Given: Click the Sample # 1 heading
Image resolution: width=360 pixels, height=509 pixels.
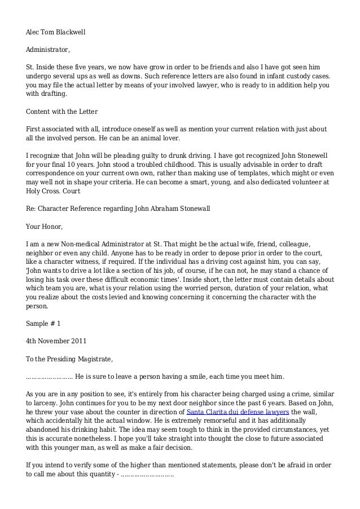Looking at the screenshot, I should click(x=43, y=324).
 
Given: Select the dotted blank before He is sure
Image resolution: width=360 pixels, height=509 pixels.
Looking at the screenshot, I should click(x=50, y=376).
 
